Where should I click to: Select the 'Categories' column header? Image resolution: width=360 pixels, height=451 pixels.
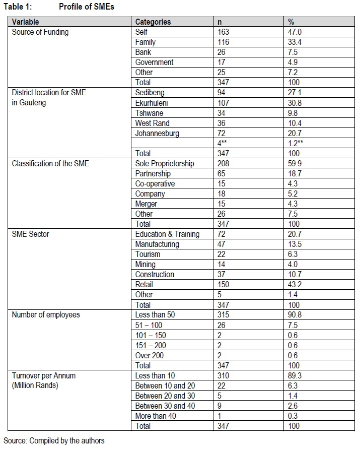153,22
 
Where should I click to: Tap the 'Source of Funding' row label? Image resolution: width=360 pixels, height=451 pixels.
40,32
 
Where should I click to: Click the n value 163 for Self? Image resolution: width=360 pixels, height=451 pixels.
223,32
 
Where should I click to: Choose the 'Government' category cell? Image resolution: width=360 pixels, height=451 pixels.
154,62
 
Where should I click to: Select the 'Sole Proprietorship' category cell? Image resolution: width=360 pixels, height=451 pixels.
165,163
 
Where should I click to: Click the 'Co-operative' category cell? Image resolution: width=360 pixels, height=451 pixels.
155,183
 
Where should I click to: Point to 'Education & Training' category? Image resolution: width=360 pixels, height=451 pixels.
167,234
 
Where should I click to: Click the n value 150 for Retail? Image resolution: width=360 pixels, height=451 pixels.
223,285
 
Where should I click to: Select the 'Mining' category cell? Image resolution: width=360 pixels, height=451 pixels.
146,264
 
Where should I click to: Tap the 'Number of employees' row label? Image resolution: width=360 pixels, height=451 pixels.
46,315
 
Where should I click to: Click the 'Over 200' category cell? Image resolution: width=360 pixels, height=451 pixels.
150,355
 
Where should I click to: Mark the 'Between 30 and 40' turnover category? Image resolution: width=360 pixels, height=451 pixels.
165,406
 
